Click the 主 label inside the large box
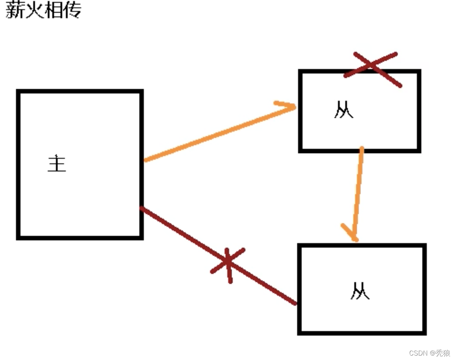tap(57, 163)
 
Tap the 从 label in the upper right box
tap(343, 110)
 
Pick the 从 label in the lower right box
tap(360, 291)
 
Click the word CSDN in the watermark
tap(418, 353)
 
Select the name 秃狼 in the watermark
tap(443, 353)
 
